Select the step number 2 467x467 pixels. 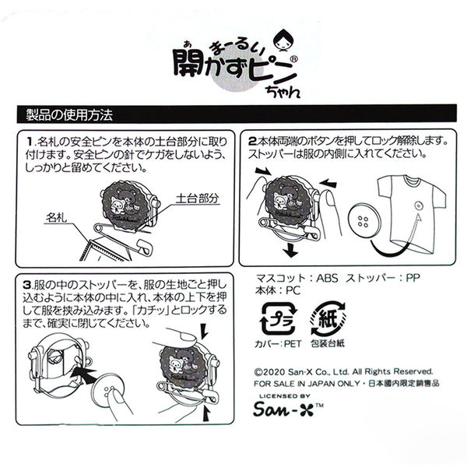[254, 143]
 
